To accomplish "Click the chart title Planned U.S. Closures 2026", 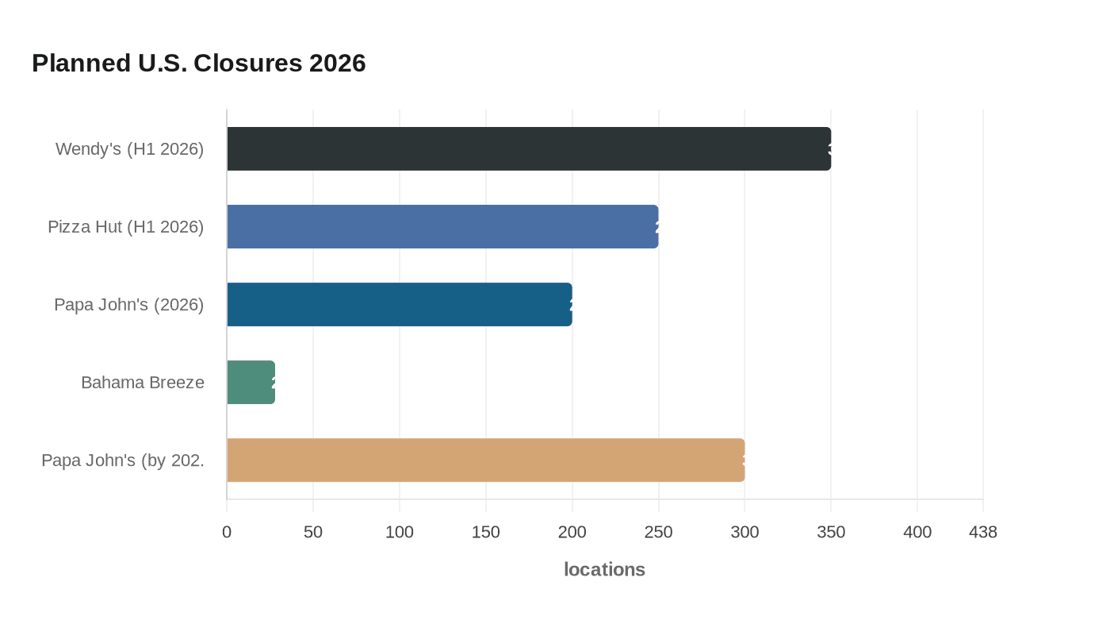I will [198, 63].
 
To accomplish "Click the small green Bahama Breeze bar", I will [251, 382].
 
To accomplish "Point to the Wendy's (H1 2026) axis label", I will [129, 148].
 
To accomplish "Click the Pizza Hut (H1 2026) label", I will [125, 226].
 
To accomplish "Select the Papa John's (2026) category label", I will [128, 304].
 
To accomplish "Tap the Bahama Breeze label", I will [142, 382].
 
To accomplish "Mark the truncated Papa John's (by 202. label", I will [122, 460].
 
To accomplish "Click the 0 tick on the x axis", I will [227, 532].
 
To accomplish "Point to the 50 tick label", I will [313, 532].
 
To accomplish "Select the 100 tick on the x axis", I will [400, 532].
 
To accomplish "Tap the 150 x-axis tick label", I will [486, 532].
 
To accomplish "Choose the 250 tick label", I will [658, 532].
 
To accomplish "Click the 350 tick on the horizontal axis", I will [831, 532].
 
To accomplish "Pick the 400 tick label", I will [917, 532].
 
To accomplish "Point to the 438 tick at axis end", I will [983, 532].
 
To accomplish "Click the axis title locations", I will [604, 569].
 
